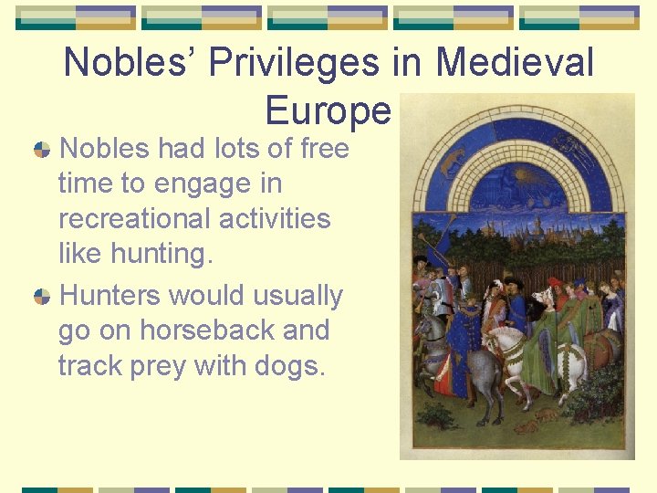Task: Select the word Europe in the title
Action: (x=328, y=111)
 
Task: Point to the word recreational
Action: (x=193, y=219)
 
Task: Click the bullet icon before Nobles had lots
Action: (x=42, y=149)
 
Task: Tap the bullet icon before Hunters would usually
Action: (x=42, y=297)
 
